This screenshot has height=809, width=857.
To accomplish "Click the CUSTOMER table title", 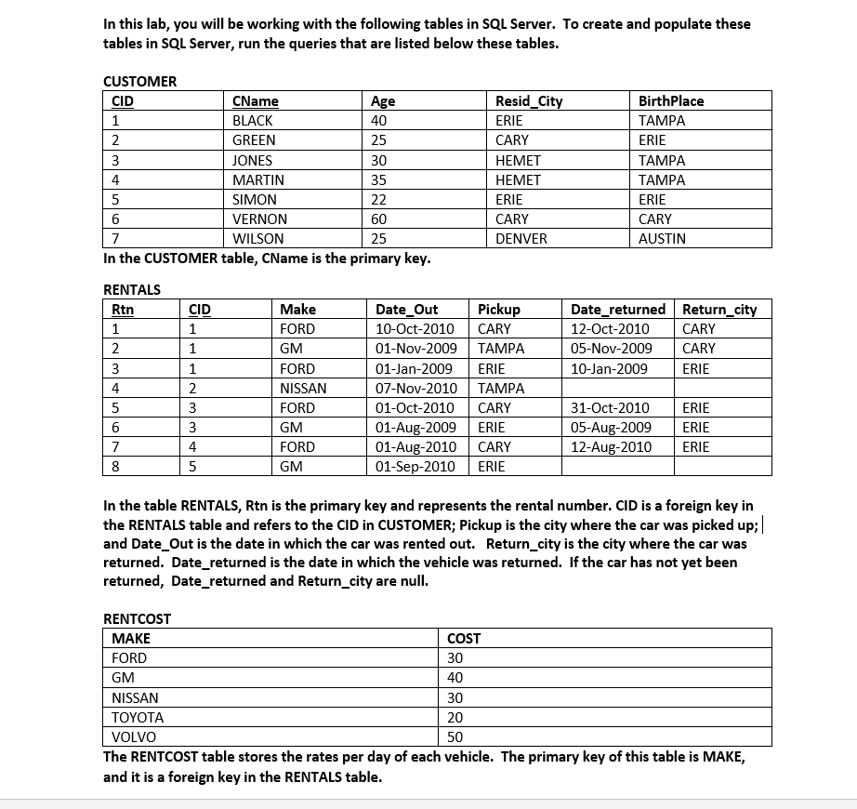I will coord(139,81).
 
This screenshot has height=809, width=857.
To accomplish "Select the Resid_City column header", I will coord(529,101).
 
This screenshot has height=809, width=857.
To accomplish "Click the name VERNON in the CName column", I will coord(259,219).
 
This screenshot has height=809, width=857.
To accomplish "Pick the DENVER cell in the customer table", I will coord(521,239).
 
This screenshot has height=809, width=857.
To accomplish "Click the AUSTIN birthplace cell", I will coord(662,239).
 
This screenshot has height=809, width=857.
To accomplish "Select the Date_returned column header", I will coord(618,310).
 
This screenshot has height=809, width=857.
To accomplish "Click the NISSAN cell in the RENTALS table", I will coord(303,389).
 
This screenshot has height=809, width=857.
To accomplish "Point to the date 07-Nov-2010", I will coord(416,389).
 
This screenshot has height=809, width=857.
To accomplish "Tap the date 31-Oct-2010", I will coord(610,408).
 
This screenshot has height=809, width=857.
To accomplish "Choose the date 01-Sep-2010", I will coord(415,467).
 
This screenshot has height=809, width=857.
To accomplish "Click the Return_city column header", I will coord(719,310).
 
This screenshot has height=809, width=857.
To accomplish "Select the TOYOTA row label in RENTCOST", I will coord(138,718).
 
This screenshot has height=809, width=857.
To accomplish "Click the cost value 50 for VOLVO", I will coord(455,737).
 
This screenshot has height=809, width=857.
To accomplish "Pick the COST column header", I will coord(464,639).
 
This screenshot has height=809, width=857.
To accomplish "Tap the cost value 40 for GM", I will coord(455,678).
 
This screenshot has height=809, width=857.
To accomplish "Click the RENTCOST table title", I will coord(137,618).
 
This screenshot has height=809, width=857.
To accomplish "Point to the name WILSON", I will coord(258,239).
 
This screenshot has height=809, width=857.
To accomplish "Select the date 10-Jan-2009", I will coord(609,369).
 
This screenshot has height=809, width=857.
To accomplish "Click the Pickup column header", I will coord(499,310).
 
